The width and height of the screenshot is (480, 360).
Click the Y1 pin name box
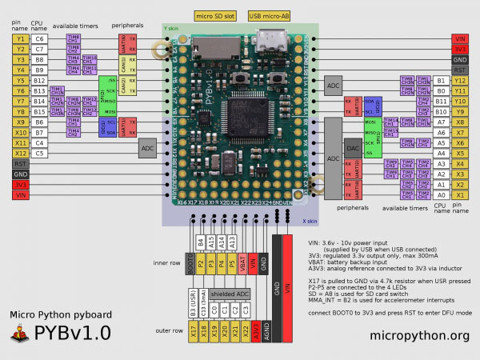click(x=19, y=38)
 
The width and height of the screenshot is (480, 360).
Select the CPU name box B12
click(x=40, y=81)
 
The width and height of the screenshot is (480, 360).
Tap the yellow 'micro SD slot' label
click(x=214, y=15)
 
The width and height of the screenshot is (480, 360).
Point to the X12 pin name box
click(x=19, y=153)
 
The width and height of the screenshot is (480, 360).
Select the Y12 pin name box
click(x=459, y=81)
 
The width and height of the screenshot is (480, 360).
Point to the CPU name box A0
click(x=439, y=195)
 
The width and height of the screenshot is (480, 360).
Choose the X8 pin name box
click(x=459, y=122)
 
